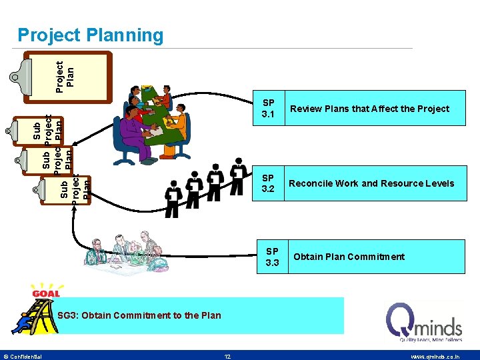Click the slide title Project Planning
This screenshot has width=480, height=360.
pos(90,35)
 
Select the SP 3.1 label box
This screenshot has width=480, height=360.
pos(269,109)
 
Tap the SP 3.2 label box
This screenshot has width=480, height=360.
pos(269,183)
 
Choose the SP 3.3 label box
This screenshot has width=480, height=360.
pos(272,257)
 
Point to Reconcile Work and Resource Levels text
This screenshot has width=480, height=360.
pos(371,183)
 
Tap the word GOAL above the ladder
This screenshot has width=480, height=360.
pos(45,293)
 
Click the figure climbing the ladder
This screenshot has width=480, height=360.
pos(23,323)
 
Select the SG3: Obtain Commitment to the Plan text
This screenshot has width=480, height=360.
pos(139,315)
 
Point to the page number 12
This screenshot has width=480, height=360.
pos(227,356)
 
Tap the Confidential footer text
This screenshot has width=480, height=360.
pos(23,356)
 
